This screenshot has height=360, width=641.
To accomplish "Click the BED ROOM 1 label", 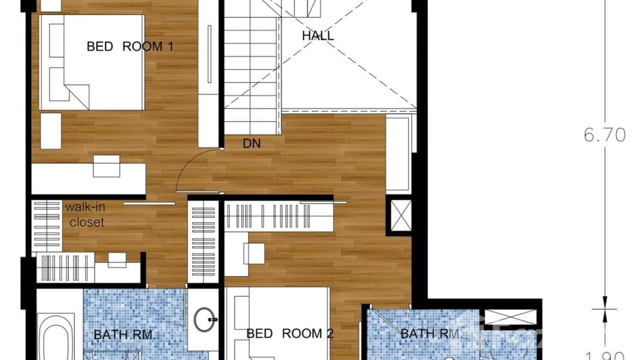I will click(x=129, y=46).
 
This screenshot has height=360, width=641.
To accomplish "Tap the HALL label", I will click(x=318, y=35).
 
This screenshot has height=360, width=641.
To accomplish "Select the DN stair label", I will click(x=252, y=143).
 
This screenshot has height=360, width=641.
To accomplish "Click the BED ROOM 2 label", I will click(x=289, y=333).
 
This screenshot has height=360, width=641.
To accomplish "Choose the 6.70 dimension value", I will click(x=605, y=135).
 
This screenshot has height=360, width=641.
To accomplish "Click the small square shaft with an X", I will click(x=401, y=216).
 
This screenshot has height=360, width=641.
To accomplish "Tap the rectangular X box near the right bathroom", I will click(x=511, y=318).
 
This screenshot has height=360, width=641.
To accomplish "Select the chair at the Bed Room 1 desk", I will click(x=106, y=166).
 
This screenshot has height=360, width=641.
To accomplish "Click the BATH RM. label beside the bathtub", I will click(x=125, y=335).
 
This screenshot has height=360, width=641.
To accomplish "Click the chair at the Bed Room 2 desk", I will click(x=254, y=253).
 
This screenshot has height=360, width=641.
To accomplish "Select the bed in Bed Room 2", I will click(x=282, y=325).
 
